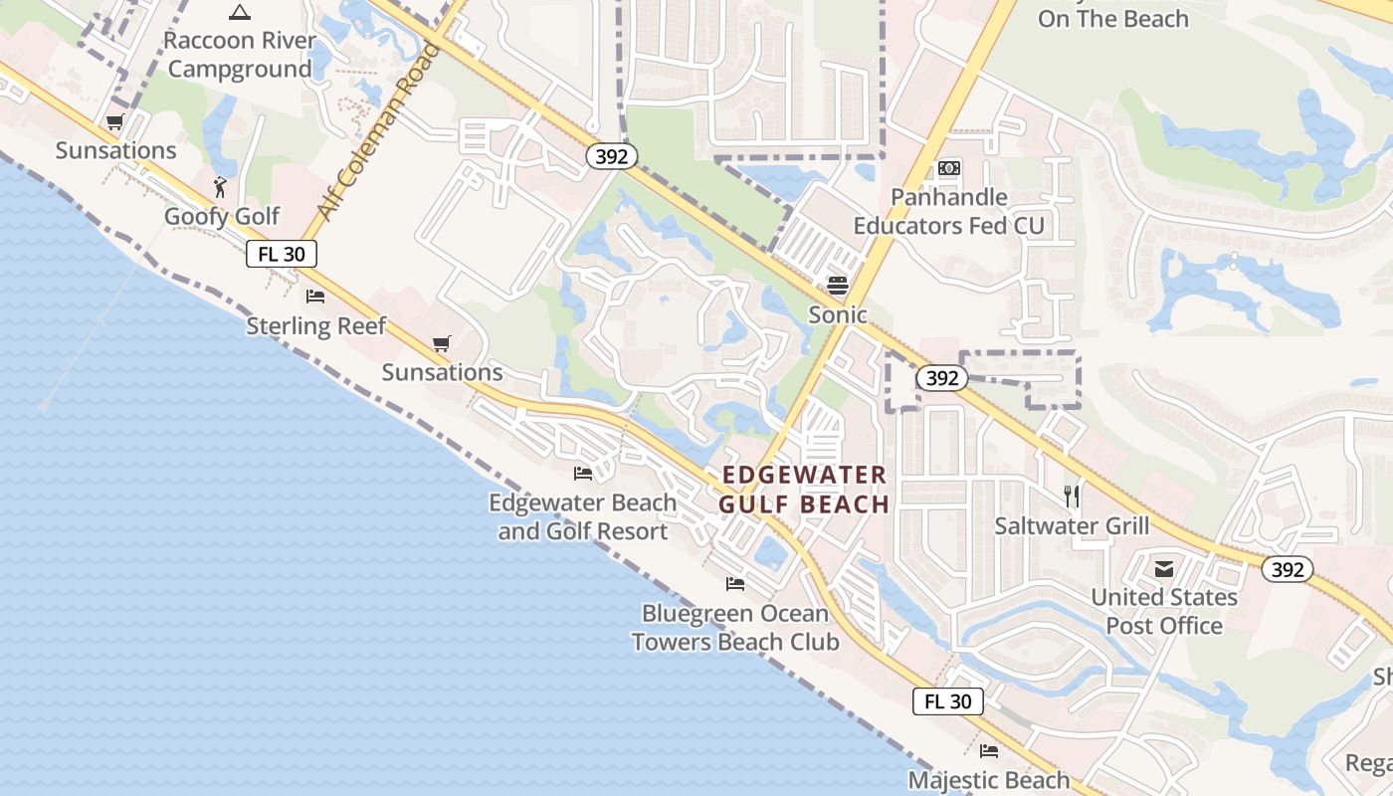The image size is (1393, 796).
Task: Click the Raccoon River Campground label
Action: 240,55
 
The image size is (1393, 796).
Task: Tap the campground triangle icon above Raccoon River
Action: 239,13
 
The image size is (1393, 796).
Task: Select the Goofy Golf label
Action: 222,216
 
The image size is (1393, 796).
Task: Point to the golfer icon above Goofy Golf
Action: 221,187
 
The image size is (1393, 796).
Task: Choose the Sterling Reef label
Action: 315,325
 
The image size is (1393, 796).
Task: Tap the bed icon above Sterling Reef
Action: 315,297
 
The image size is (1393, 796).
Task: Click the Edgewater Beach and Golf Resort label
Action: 583,516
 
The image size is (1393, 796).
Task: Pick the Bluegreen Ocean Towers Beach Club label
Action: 735,627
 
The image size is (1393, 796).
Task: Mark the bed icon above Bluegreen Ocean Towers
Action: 735,584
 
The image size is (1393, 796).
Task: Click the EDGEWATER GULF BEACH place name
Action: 804,490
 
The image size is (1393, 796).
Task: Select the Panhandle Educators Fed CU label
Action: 949,211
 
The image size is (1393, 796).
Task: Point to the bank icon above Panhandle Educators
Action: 949,168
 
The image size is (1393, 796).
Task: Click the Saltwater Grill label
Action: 1072,525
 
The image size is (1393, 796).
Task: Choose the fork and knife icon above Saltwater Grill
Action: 1072,496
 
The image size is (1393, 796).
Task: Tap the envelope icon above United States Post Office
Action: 1164,569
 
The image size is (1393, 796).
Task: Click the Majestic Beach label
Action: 989,779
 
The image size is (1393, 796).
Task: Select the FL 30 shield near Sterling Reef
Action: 282,254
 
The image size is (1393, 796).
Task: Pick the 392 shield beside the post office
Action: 1288,569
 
